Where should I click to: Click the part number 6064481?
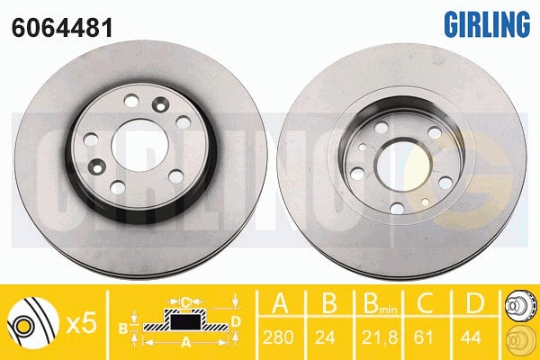[x=62, y=28]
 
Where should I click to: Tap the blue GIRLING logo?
[x=487, y=23]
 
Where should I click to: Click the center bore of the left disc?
[x=139, y=146]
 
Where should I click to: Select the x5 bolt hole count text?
[x=81, y=323]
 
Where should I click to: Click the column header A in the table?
[x=280, y=302]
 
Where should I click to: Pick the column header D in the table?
[x=474, y=302]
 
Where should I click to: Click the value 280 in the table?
[x=278, y=337]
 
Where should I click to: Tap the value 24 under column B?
[x=325, y=337]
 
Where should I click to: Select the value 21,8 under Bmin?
[x=379, y=337]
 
